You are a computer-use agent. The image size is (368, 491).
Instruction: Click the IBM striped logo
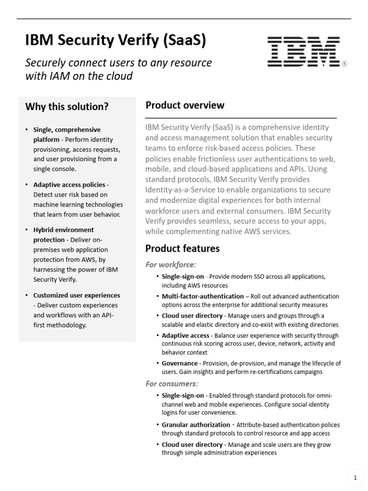coord(304,51)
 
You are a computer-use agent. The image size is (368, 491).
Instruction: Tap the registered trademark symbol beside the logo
coord(345,64)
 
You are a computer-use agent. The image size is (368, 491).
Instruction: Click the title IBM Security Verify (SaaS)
coord(115,41)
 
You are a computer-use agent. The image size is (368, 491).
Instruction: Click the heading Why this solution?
coord(67,106)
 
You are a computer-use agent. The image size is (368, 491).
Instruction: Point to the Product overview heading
coord(185,105)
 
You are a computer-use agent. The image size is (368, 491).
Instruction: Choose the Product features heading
coord(183,248)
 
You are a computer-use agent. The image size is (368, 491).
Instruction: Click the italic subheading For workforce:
coord(171,265)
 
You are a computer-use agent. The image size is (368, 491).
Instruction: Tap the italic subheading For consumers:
coord(172,384)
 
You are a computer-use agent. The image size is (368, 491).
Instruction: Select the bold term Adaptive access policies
coord(69,185)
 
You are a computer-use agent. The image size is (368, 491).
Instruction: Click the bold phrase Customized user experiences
coord(77,295)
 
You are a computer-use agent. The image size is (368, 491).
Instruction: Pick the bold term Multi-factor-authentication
coord(203,296)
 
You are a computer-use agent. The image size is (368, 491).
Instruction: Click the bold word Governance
coord(180,363)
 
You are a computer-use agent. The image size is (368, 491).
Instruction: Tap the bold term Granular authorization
coord(196,424)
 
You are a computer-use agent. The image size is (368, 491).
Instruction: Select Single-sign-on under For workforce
coord(183,277)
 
